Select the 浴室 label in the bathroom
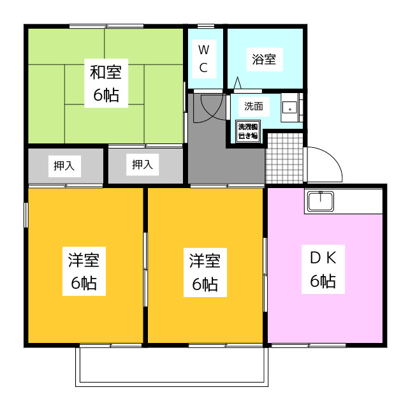click(264, 60)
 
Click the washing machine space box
click(247, 131)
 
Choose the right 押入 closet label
click(142, 165)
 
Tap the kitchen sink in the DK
click(319, 201)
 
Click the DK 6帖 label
click(323, 268)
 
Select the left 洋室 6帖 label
click(84, 272)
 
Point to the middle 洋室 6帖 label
click(205, 272)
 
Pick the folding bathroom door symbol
click(238, 84)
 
